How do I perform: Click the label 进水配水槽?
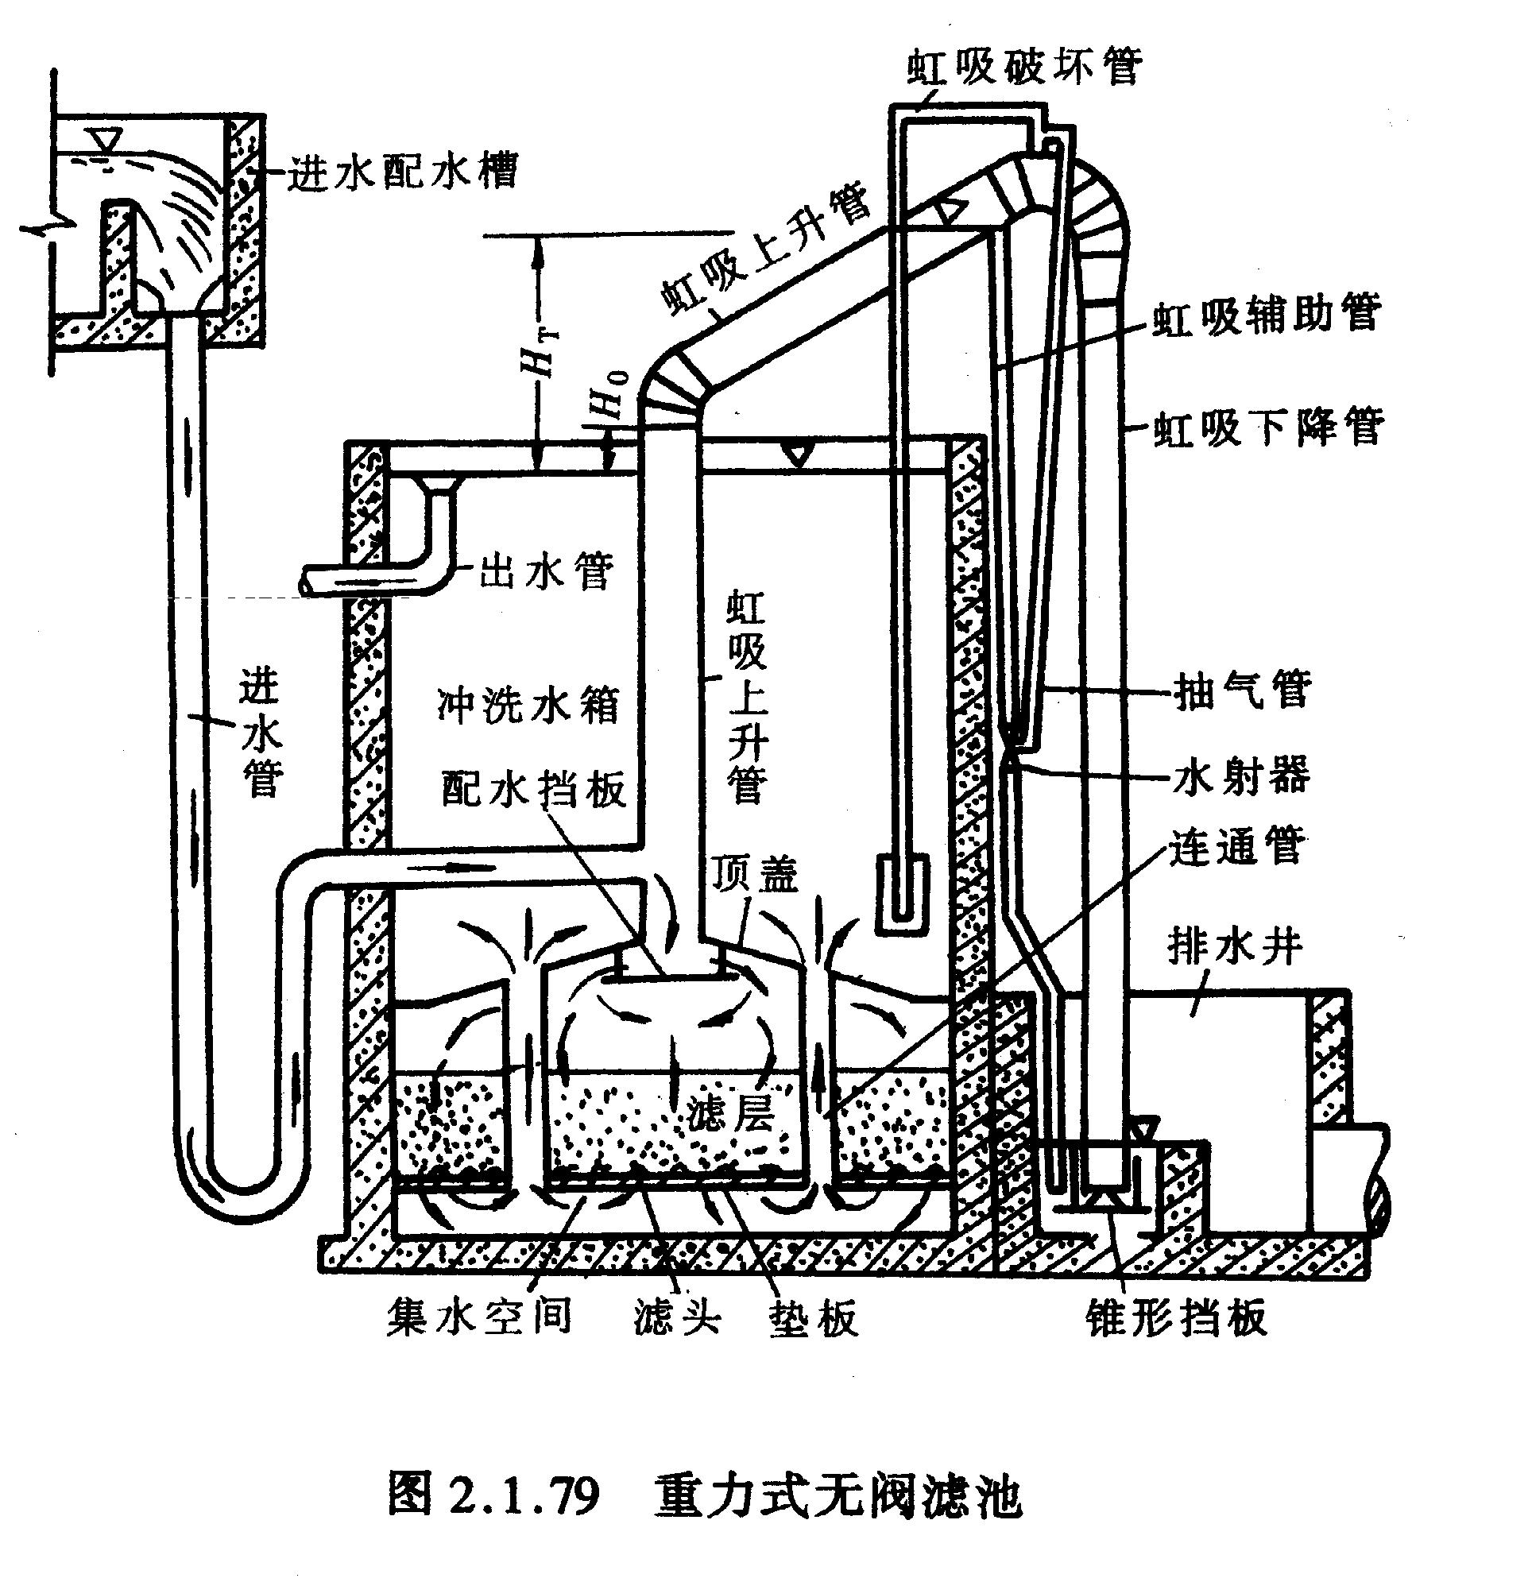point(403,170)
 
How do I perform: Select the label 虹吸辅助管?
point(1268,313)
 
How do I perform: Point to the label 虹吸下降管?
point(1269,426)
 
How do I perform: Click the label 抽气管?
point(1242,688)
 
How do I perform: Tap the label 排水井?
point(1235,947)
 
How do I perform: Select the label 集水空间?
point(480,1316)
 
